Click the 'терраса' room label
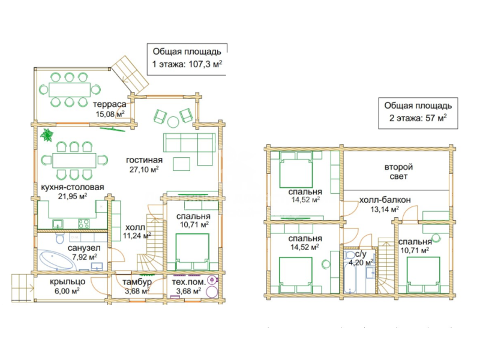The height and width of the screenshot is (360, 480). coord(109,104)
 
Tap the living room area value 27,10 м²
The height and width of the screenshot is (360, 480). coord(144,169)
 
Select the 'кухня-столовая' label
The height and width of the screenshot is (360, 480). coord(73,187)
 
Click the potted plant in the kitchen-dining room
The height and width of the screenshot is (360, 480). coord(47,134)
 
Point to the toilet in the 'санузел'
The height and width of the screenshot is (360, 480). coord(59,237)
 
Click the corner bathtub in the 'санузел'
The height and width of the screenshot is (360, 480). coord(56,260)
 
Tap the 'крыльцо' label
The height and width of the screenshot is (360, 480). coord(67,281)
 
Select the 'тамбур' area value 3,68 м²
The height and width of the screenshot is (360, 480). coord(137,291)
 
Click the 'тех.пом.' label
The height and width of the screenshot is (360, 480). coord(188,282)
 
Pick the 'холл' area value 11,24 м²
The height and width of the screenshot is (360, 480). coord(137,236)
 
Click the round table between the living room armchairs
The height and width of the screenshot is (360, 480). coord(173,122)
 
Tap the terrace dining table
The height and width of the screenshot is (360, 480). coord(70,89)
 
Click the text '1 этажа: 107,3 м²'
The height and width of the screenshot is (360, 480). coord(187,64)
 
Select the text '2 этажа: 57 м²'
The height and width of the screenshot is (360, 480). coord(418,118)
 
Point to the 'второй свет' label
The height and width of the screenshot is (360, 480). coord(398,172)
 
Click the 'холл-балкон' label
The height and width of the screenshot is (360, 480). coord(385,200)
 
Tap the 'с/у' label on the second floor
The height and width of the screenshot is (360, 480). coord(361,254)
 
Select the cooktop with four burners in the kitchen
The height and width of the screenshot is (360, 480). coord(83,223)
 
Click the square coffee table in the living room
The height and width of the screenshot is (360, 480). coord(182,164)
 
